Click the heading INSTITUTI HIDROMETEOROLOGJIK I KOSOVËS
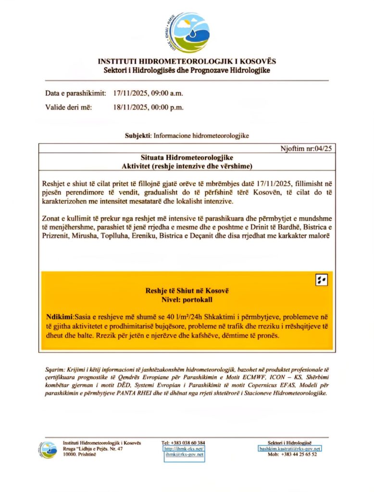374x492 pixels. tap(187, 62)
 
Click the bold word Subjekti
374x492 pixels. tap(138, 136)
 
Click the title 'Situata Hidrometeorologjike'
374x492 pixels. tap(187, 158)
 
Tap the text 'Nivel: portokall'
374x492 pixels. tap(187, 299)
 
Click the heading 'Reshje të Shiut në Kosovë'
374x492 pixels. tap(187, 291)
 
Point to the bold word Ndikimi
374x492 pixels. tap(60, 318)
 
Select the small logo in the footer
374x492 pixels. tap(49, 450)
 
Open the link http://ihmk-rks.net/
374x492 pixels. tap(185, 449)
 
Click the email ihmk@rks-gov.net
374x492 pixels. tap(185, 455)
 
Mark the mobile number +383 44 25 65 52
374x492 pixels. tap(299, 455)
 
